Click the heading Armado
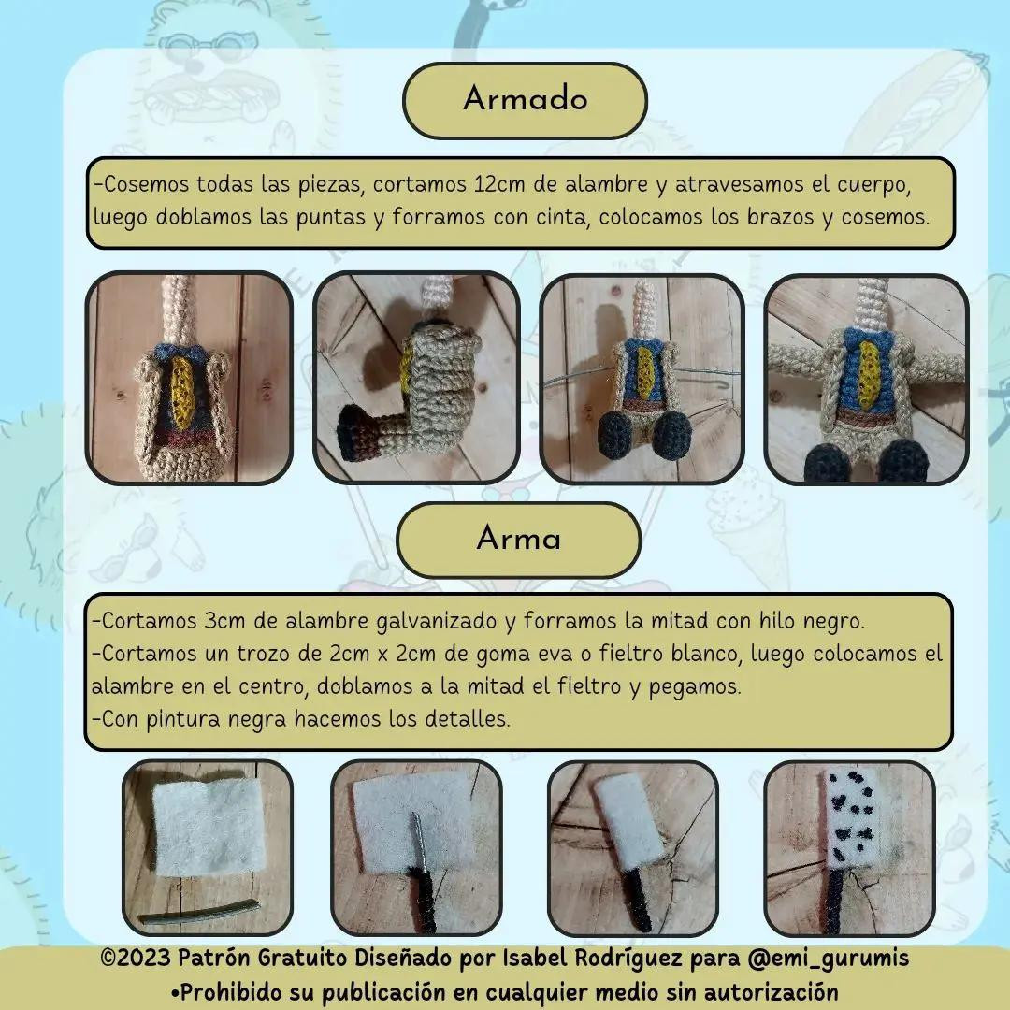pyautogui.click(x=525, y=99)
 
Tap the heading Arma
pyautogui.click(x=518, y=539)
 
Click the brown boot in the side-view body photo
pyautogui.click(x=358, y=436)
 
